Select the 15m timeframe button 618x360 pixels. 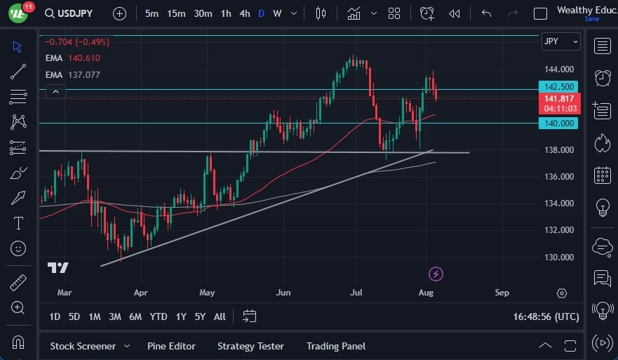tap(176, 13)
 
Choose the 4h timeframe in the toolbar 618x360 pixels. tap(244, 13)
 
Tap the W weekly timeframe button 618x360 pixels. tap(278, 13)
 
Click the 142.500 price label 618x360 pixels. tap(560, 87)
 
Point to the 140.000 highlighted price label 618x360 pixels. tap(560, 124)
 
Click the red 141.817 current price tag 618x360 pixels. tap(560, 99)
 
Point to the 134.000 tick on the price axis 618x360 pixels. tap(560, 204)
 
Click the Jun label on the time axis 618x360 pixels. tap(283, 292)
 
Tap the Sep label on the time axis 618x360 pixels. tap(502, 292)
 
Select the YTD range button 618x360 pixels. tap(159, 316)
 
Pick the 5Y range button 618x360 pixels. tap(200, 316)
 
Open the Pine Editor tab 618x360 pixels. tap(171, 346)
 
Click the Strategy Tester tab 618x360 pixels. tap(250, 346)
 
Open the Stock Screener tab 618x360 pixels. tap(82, 346)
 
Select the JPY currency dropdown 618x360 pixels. tap(560, 41)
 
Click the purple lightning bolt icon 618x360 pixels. tap(436, 274)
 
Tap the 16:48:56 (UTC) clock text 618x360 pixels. tap(546, 316)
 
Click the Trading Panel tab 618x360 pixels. tap(336, 346)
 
